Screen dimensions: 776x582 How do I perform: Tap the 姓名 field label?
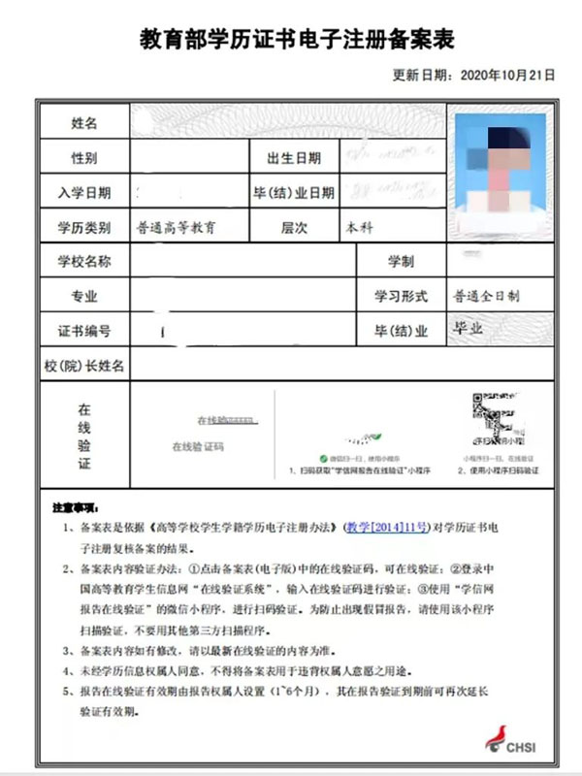pyautogui.click(x=84, y=123)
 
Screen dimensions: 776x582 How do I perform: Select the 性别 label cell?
pyautogui.click(x=84, y=158)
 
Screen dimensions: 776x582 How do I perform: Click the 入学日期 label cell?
pyautogui.click(x=84, y=193)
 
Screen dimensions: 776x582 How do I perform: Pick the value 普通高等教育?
pyautogui.click(x=177, y=228)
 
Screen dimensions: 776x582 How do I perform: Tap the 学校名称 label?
pyautogui.click(x=84, y=262)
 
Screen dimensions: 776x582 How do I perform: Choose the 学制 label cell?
pyautogui.click(x=401, y=262)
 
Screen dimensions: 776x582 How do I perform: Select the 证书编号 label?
pyautogui.click(x=84, y=331)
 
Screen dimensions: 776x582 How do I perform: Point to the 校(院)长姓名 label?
pyautogui.click(x=84, y=366)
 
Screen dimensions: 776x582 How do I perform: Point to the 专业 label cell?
pyautogui.click(x=84, y=296)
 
